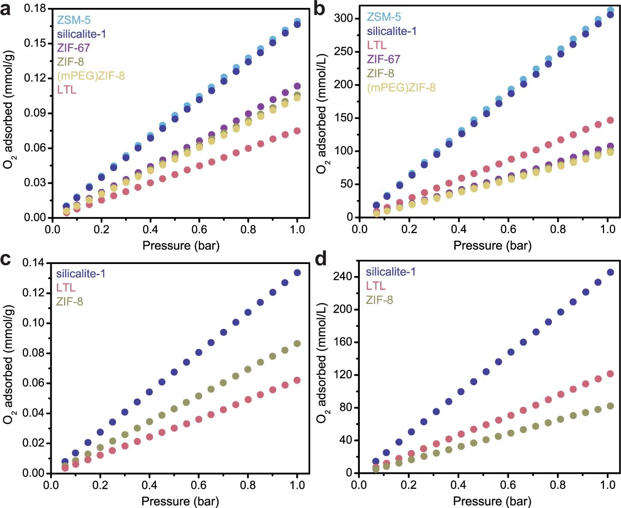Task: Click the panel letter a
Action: [x=6, y=9]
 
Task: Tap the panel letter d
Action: [x=321, y=259]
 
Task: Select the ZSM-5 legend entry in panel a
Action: [x=74, y=20]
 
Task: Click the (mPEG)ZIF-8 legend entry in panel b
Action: [x=401, y=87]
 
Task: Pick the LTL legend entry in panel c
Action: [x=66, y=287]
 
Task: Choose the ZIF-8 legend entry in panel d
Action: [x=379, y=300]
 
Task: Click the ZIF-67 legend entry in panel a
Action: [x=73, y=48]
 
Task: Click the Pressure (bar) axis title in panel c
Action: [x=180, y=501]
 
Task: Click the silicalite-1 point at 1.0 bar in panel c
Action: [x=297, y=273]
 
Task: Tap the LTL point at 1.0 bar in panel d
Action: [x=610, y=374]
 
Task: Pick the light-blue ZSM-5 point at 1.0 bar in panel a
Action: [x=297, y=21]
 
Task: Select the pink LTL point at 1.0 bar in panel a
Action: [x=297, y=131]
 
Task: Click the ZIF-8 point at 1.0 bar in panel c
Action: [x=297, y=344]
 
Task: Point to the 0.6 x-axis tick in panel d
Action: [x=508, y=485]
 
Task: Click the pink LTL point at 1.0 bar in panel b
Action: [x=610, y=120]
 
